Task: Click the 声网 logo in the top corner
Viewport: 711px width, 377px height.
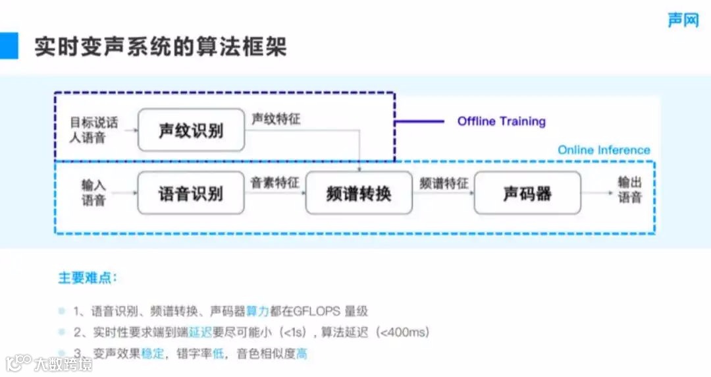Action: tap(683, 20)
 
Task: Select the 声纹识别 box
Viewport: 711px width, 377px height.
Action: tap(191, 130)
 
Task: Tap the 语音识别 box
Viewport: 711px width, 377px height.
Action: tap(191, 193)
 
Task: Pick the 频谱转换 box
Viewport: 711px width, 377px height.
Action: tap(359, 193)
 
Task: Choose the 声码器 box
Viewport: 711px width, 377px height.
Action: tap(527, 193)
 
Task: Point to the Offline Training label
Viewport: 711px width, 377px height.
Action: tap(502, 121)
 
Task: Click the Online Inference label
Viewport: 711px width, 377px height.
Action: tap(604, 150)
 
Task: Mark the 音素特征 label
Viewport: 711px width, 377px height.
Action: tap(275, 183)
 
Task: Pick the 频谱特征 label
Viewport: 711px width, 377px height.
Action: tap(444, 183)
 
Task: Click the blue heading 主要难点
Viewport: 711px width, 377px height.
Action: tap(88, 277)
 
